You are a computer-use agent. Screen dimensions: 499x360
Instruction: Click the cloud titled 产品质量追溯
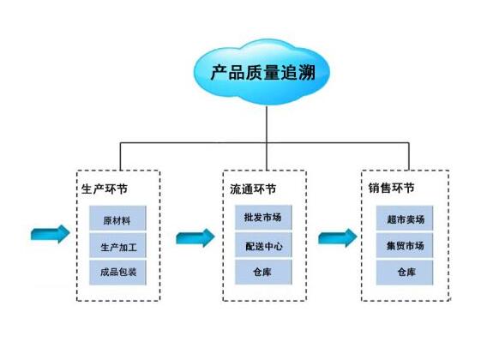click(262, 72)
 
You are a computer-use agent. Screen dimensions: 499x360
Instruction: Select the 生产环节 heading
click(105, 189)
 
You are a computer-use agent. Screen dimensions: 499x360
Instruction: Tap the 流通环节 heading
click(253, 189)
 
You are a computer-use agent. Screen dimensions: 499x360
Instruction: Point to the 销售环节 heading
click(392, 188)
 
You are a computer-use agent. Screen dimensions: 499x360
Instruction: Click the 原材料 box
click(117, 219)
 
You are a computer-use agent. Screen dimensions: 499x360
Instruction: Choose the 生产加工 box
click(117, 245)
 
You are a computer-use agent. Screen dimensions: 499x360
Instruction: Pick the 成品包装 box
click(117, 273)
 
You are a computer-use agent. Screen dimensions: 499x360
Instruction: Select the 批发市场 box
click(263, 218)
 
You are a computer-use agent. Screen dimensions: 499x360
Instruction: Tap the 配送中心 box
click(263, 244)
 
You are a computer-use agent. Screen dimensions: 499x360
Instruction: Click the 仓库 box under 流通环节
click(263, 272)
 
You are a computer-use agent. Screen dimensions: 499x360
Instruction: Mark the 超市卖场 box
click(405, 219)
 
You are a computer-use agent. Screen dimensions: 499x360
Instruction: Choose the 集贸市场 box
click(405, 245)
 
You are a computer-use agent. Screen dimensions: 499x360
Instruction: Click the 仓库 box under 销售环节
click(405, 273)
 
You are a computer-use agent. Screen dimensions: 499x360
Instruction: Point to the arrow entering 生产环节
click(50, 234)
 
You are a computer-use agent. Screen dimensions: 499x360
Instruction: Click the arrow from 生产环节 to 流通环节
click(195, 237)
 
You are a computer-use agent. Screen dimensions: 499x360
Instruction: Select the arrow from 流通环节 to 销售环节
click(338, 237)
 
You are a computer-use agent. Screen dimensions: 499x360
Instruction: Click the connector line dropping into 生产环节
click(121, 157)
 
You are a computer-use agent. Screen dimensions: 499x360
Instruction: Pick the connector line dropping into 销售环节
click(409, 157)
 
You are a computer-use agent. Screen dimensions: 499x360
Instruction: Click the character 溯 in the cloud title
click(306, 73)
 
